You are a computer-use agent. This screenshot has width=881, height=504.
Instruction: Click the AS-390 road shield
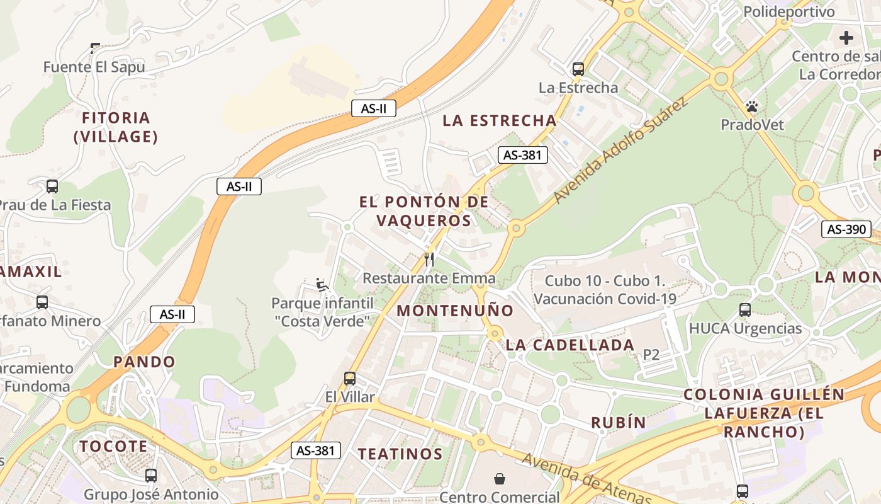[846, 229]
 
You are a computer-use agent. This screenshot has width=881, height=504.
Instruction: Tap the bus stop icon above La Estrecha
[578, 69]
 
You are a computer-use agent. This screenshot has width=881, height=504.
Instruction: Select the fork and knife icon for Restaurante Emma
[429, 259]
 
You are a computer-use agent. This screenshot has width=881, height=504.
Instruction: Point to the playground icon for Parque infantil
[322, 285]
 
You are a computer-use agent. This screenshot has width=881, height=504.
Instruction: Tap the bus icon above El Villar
[350, 379]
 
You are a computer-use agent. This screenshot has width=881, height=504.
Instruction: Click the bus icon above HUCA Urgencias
[745, 310]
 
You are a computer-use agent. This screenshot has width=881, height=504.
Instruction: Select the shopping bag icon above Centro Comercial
[500, 479]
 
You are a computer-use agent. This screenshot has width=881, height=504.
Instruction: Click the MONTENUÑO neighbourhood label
[455, 311]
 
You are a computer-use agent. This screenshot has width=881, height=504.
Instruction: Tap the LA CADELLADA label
[570, 345]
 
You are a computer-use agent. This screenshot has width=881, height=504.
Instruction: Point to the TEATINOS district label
[400, 454]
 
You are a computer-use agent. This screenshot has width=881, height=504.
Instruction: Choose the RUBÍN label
[619, 423]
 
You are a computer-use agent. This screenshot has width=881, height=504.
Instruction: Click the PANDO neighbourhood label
[144, 362]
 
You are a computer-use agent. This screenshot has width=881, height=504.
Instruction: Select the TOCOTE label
[113, 447]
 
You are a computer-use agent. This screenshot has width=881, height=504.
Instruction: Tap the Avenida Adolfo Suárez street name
[620, 151]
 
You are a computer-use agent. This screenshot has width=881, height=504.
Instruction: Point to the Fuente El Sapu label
[94, 67]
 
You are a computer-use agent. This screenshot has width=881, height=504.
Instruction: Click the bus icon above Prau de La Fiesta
[52, 186]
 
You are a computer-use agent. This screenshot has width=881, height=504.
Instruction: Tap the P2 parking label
[651, 355]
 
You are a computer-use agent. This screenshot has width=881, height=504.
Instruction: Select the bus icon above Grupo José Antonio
[151, 476]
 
